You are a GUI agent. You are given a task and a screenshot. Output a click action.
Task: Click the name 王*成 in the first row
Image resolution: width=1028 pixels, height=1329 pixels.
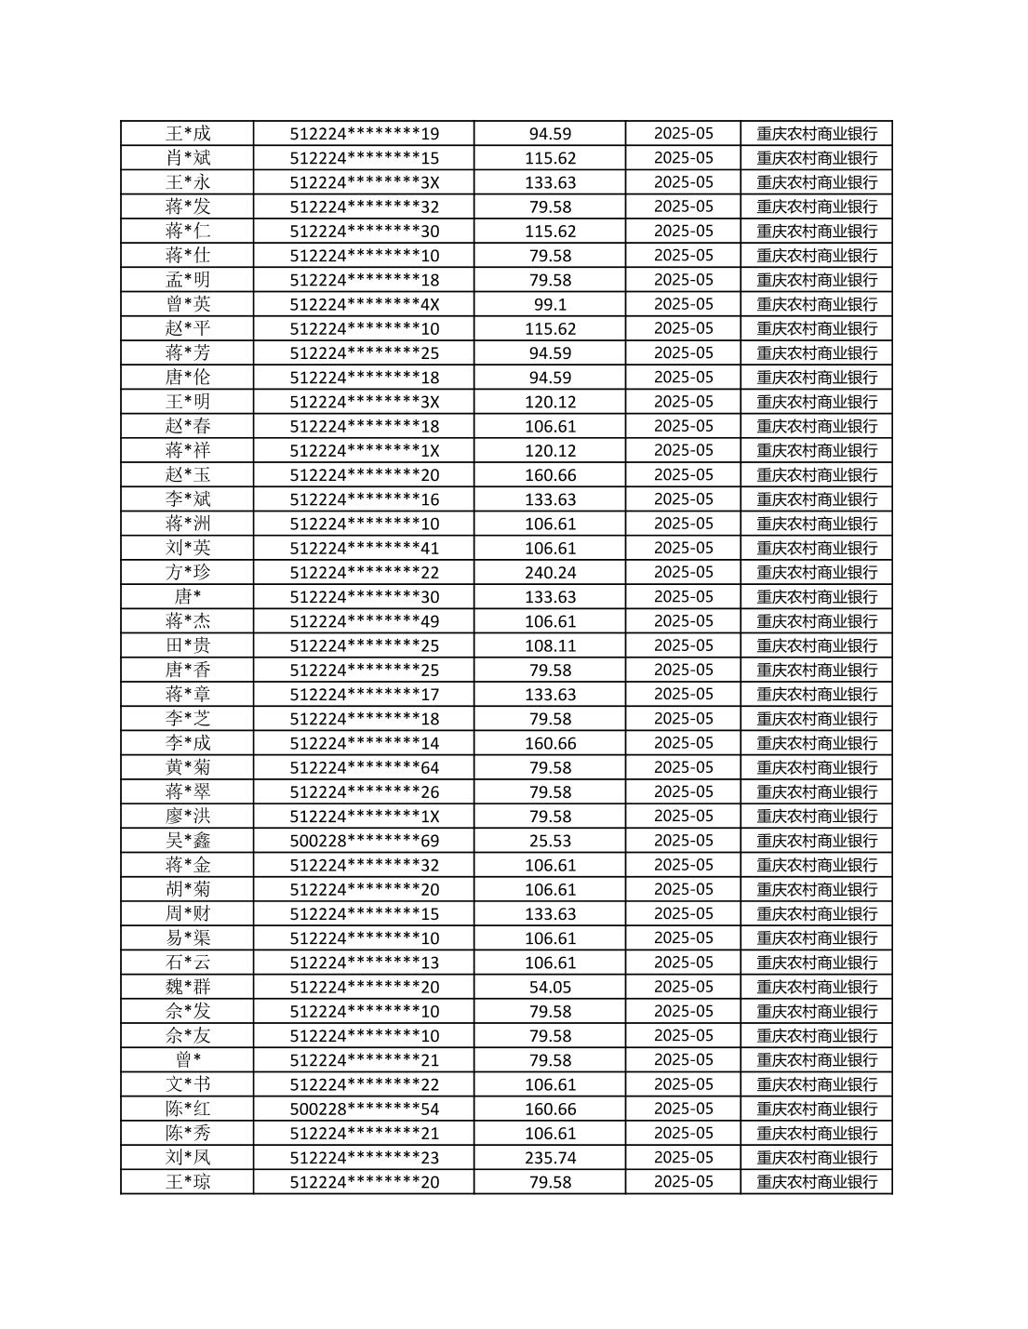tap(188, 133)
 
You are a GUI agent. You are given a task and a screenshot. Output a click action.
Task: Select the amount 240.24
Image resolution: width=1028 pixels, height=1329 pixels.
tap(550, 573)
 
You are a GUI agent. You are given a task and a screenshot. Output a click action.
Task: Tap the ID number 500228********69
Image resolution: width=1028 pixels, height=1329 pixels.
tap(364, 841)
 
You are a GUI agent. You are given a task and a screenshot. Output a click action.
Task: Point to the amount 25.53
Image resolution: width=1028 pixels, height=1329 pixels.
tap(550, 841)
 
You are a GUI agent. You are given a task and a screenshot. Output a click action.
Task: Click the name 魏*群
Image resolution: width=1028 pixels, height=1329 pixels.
tap(188, 987)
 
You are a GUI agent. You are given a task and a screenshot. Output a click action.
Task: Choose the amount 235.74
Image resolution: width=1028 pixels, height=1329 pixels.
tap(550, 1158)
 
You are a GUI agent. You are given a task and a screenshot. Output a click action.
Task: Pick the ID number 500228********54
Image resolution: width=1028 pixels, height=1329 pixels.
tap(364, 1109)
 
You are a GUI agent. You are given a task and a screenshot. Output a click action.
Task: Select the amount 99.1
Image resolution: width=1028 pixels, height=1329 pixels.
tap(550, 304)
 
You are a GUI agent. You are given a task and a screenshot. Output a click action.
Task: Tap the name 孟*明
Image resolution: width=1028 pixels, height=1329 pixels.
tap(188, 280)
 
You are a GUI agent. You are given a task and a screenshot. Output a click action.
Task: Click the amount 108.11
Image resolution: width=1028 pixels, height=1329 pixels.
tap(550, 645)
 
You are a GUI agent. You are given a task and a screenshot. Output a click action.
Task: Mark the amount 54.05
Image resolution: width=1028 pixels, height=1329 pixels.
tap(550, 987)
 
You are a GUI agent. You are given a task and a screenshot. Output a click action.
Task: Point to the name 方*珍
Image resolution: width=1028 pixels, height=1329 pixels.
tap(188, 573)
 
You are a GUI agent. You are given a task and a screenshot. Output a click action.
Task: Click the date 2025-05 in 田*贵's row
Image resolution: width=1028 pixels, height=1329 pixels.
tap(683, 645)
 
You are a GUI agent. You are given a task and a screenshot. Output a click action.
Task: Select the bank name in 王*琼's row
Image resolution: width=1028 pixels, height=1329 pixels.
tap(817, 1182)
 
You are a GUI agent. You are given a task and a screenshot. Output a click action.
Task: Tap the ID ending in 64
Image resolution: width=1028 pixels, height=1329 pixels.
tap(364, 767)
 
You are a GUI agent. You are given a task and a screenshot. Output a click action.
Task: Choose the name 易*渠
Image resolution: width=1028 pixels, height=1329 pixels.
tap(188, 938)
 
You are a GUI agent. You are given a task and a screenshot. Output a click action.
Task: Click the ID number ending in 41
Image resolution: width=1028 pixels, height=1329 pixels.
tap(364, 548)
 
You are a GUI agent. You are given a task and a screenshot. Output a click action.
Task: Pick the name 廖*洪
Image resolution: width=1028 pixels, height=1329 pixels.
tap(188, 817)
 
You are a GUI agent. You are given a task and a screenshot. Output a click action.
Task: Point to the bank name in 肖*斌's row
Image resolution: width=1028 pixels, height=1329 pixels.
tap(817, 158)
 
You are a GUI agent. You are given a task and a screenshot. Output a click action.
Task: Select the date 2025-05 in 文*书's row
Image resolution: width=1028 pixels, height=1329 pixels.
tap(683, 1084)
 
